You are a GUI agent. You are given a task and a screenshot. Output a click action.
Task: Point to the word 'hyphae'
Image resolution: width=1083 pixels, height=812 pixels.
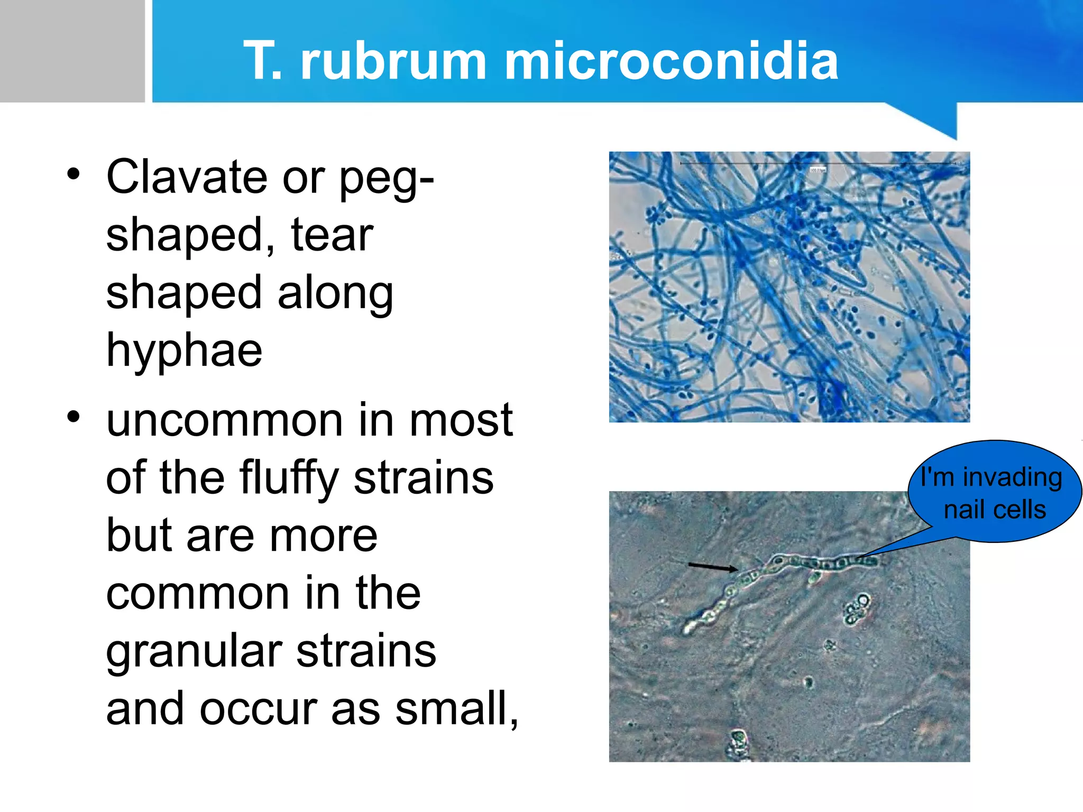click(x=184, y=350)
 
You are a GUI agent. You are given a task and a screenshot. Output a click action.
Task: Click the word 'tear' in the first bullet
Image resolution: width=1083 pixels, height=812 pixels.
click(x=332, y=235)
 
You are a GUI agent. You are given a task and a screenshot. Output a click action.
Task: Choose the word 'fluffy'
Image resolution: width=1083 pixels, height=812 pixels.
click(x=289, y=478)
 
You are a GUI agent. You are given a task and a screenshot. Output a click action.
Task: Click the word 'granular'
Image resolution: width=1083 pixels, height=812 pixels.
click(x=194, y=652)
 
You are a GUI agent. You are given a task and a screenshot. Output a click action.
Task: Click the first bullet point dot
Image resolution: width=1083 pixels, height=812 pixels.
click(x=74, y=173)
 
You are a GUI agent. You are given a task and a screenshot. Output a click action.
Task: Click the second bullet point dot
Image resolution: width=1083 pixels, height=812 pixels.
click(x=74, y=417)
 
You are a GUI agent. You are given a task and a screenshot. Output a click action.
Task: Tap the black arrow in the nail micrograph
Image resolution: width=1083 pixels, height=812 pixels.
click(x=712, y=567)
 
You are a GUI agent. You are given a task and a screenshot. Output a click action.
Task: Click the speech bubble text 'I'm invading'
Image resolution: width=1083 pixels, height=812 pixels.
click(x=991, y=477)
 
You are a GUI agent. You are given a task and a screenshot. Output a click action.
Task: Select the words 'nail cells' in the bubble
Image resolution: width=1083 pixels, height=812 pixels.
click(x=995, y=510)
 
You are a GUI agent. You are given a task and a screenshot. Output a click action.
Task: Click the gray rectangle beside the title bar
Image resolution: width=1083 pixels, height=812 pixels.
click(x=72, y=51)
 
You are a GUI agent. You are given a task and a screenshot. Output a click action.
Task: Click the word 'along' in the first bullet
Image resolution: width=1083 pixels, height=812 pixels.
click(x=335, y=293)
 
